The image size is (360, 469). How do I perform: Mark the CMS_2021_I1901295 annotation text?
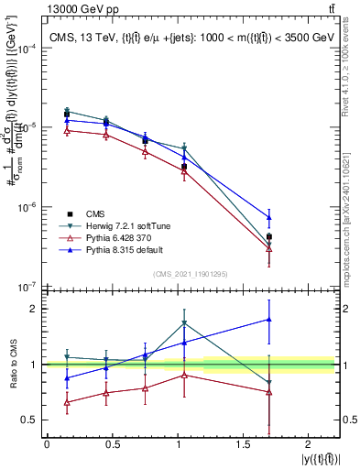(x=190, y=275)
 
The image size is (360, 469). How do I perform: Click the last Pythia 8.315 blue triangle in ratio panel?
(x=268, y=320)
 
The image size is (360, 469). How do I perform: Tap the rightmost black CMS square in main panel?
(x=268, y=236)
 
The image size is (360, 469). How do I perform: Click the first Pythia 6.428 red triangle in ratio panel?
(x=66, y=402)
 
